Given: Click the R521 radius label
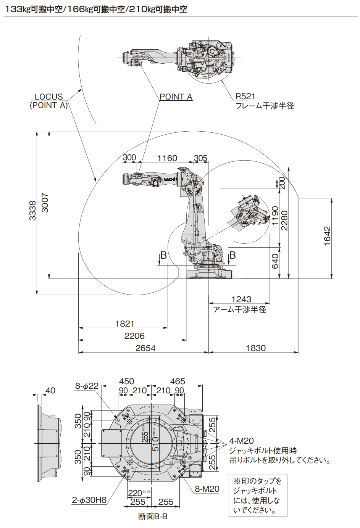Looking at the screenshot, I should pyautogui.click(x=245, y=97).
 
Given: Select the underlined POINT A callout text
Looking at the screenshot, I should pyautogui.click(x=176, y=97).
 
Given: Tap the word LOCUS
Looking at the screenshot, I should pyautogui.click(x=49, y=97).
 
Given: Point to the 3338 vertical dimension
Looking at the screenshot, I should pyautogui.click(x=33, y=211).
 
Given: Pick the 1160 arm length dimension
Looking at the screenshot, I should pyautogui.click(x=167, y=158).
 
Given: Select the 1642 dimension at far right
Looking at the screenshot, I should pyautogui.click(x=327, y=237).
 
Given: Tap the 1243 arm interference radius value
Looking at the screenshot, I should pyautogui.click(x=241, y=300).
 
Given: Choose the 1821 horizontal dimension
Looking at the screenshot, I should pyautogui.click(x=125, y=324).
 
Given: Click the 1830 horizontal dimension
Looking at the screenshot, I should pyautogui.click(x=255, y=348).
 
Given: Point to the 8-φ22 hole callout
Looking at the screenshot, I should pyautogui.click(x=87, y=386).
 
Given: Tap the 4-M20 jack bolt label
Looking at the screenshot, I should pyautogui.click(x=241, y=441).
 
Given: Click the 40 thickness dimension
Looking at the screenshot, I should pyautogui.click(x=50, y=391).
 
